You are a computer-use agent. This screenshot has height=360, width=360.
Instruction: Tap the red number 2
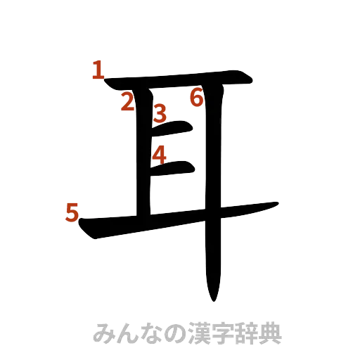click(x=127, y=103)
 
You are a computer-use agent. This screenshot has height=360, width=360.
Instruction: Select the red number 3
click(x=160, y=112)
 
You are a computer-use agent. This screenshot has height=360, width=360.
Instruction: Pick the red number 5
click(x=71, y=212)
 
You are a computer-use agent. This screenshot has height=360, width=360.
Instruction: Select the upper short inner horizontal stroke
click(x=174, y=127)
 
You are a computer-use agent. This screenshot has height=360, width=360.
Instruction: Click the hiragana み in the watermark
click(x=104, y=333)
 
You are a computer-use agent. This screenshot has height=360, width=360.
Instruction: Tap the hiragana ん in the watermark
click(x=128, y=333)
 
